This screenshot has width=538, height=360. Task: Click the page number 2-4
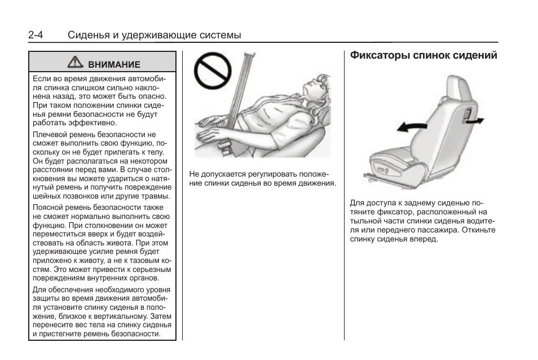36,35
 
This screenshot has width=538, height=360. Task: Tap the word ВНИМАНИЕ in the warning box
114,65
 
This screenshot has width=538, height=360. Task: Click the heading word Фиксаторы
379,56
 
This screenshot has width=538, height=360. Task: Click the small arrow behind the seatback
475,120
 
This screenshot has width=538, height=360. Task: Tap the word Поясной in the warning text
50,207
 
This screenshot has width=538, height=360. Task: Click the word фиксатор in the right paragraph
394,212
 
